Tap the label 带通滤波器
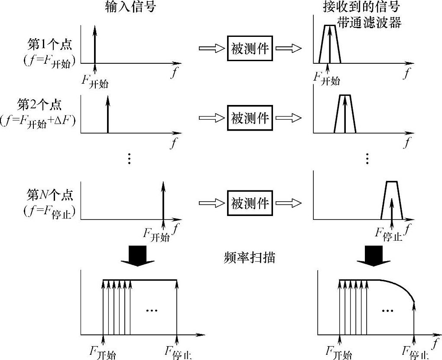369,23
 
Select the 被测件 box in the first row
250,49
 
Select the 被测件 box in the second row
250,118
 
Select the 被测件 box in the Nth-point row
250,203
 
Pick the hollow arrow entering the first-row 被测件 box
211,49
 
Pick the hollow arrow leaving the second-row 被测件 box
289,118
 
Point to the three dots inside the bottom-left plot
152,310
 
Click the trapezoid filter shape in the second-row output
344,114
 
